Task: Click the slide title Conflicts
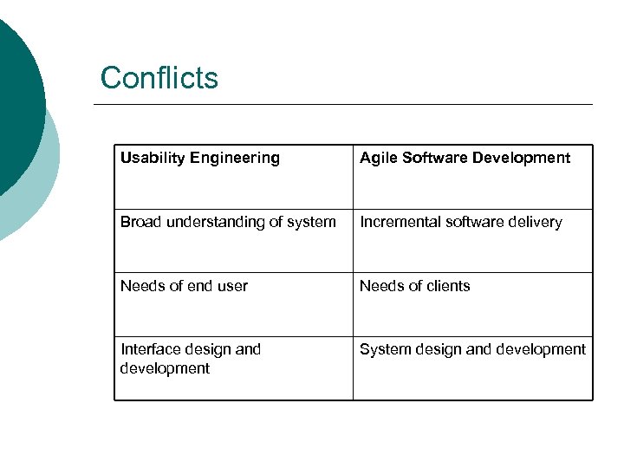[x=159, y=78]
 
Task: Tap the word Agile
[x=378, y=158]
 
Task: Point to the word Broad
[x=140, y=222]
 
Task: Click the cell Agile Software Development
[x=472, y=177]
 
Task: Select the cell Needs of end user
[x=233, y=304]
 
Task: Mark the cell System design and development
[x=472, y=368]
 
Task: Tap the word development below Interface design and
[x=165, y=368]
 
